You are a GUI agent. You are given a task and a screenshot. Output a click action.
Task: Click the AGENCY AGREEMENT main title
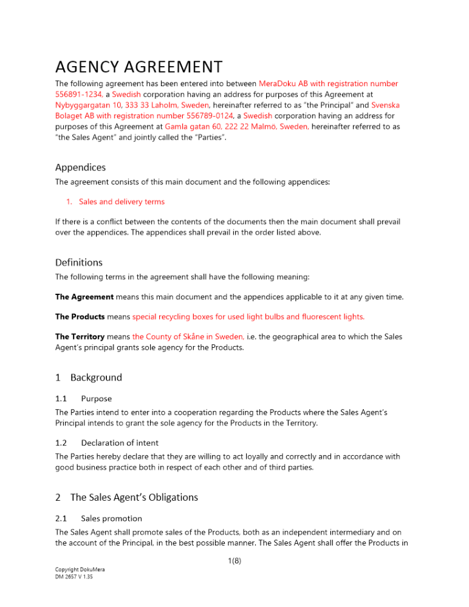click(139, 66)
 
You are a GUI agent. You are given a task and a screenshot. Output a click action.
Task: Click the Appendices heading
click(80, 167)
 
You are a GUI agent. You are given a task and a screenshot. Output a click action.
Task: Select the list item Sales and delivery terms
click(122, 202)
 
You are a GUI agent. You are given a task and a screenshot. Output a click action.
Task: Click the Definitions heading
click(79, 263)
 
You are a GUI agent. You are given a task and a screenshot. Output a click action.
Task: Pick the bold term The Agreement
click(84, 297)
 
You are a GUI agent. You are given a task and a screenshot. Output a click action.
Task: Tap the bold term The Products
click(80, 316)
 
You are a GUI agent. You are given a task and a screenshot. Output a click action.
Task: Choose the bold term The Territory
click(81, 336)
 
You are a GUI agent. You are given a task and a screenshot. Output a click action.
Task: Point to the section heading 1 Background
click(89, 378)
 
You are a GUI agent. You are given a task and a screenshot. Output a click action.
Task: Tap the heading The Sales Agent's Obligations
click(134, 497)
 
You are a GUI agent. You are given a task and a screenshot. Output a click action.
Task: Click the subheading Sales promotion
click(111, 518)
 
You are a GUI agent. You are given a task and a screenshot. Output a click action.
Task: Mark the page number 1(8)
click(234, 561)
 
